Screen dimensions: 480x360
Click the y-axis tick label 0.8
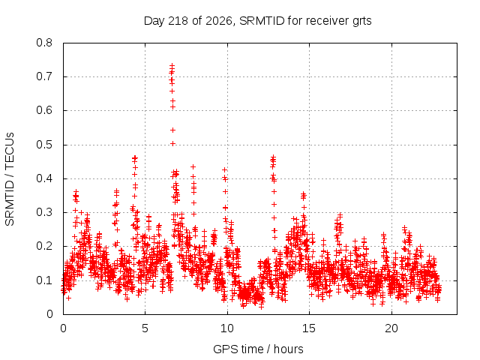(x=44, y=43)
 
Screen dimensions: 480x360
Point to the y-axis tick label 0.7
(x=44, y=76)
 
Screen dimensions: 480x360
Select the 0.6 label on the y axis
(x=44, y=110)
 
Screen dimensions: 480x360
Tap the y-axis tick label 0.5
(x=44, y=145)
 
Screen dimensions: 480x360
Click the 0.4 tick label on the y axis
(x=44, y=178)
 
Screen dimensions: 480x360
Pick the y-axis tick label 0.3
(x=44, y=212)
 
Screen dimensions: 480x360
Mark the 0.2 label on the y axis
(x=44, y=246)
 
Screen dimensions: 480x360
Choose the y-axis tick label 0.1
(x=44, y=280)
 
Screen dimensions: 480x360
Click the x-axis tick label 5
(x=145, y=328)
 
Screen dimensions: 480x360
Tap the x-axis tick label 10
(x=227, y=328)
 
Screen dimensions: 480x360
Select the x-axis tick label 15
(x=309, y=328)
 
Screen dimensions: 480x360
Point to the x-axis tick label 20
(x=391, y=328)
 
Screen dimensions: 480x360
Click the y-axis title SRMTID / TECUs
(x=10, y=179)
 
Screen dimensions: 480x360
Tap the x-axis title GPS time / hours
(x=258, y=349)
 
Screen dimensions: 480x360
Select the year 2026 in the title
(x=218, y=21)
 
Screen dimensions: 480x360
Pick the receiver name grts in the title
(x=361, y=22)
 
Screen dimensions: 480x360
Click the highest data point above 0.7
(x=172, y=65)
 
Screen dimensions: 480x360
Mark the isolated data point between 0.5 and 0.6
(x=172, y=130)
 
